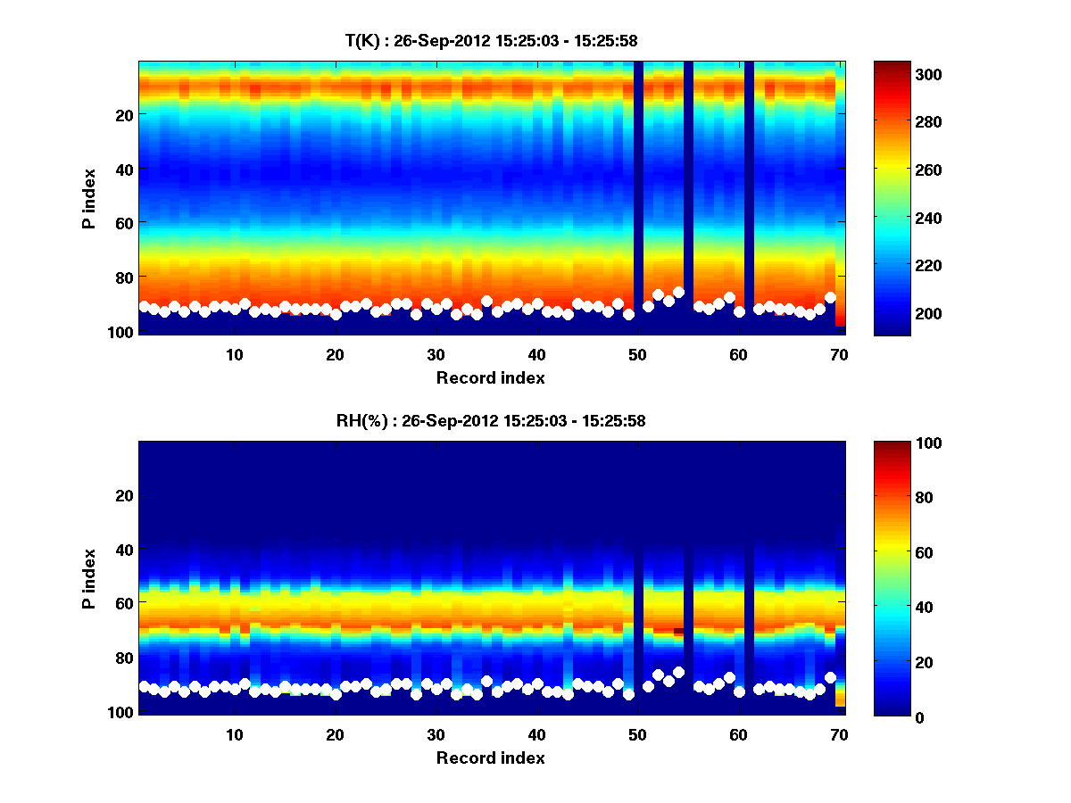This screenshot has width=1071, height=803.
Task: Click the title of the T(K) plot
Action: (490, 40)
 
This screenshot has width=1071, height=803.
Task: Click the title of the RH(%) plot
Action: (490, 420)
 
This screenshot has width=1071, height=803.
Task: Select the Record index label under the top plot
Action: (490, 377)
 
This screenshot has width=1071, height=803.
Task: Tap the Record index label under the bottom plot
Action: (490, 757)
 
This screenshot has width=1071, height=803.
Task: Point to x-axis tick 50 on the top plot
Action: (637, 354)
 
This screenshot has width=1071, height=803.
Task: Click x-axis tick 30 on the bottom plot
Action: (436, 734)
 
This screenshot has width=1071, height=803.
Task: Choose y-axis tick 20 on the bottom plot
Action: (124, 495)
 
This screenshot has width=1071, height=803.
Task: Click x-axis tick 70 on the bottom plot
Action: (839, 734)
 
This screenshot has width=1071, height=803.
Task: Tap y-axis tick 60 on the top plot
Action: (124, 222)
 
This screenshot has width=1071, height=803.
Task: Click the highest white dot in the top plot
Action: (678, 292)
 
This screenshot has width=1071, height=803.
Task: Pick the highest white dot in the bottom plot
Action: (678, 672)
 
